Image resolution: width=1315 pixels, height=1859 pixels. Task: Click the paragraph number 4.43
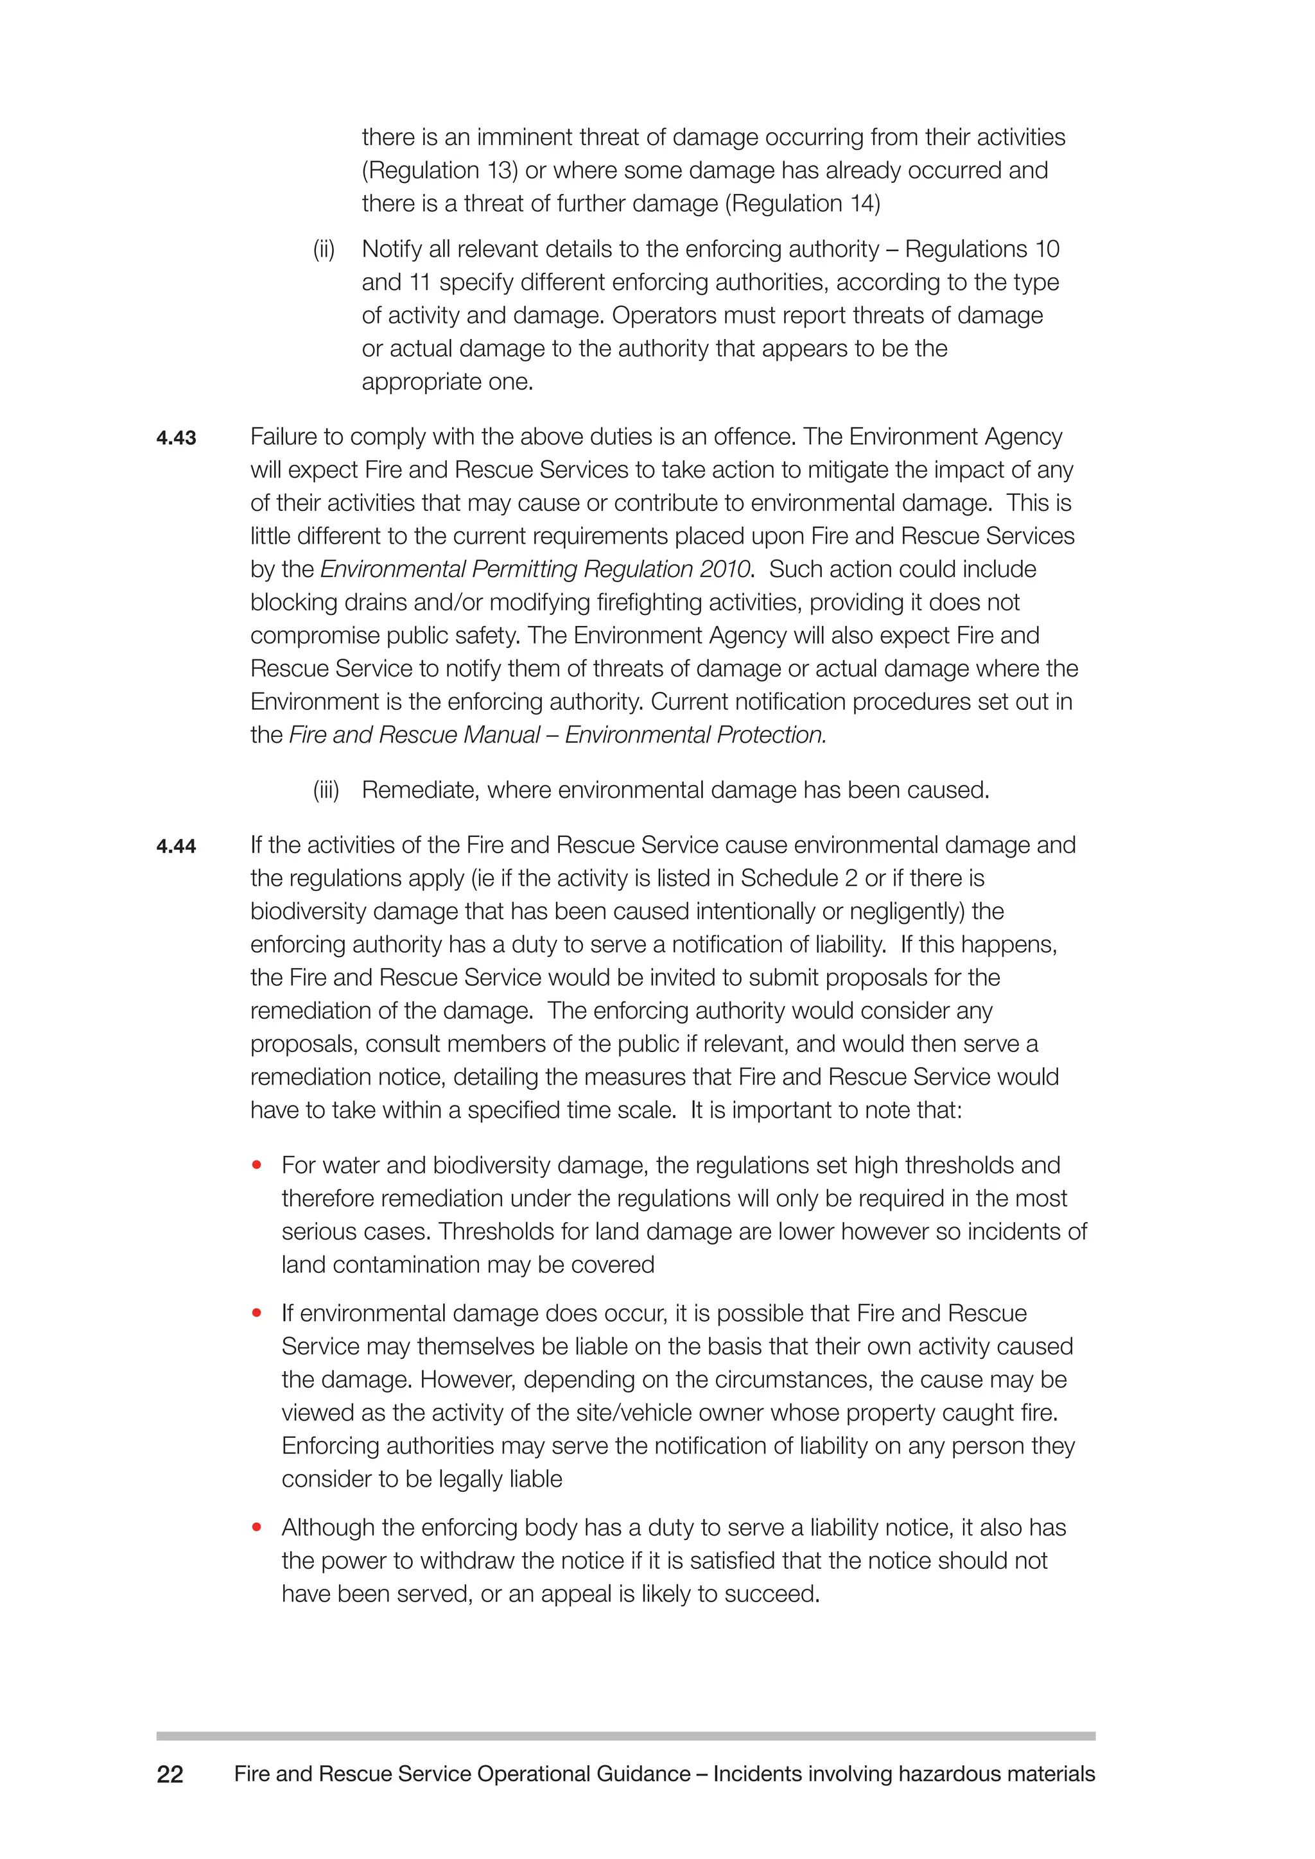[176, 438]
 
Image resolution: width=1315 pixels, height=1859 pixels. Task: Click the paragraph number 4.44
[176, 847]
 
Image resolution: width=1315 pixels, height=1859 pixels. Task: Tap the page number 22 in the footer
[170, 1774]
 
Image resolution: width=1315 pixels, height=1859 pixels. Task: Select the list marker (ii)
[324, 249]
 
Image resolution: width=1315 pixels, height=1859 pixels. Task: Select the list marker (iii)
[326, 790]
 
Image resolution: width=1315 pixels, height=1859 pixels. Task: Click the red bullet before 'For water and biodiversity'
[257, 1165]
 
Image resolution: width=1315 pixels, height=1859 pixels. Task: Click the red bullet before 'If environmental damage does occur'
[257, 1313]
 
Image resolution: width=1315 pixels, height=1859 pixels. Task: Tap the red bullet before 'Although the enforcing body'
[257, 1527]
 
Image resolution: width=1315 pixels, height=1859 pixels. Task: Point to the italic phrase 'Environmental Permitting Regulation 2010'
[536, 569]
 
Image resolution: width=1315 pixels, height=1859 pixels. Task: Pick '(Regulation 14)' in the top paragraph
[801, 203]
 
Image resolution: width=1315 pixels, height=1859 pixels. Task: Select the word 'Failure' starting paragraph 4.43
[283, 437]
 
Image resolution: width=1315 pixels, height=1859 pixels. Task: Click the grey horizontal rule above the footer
[625, 1736]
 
